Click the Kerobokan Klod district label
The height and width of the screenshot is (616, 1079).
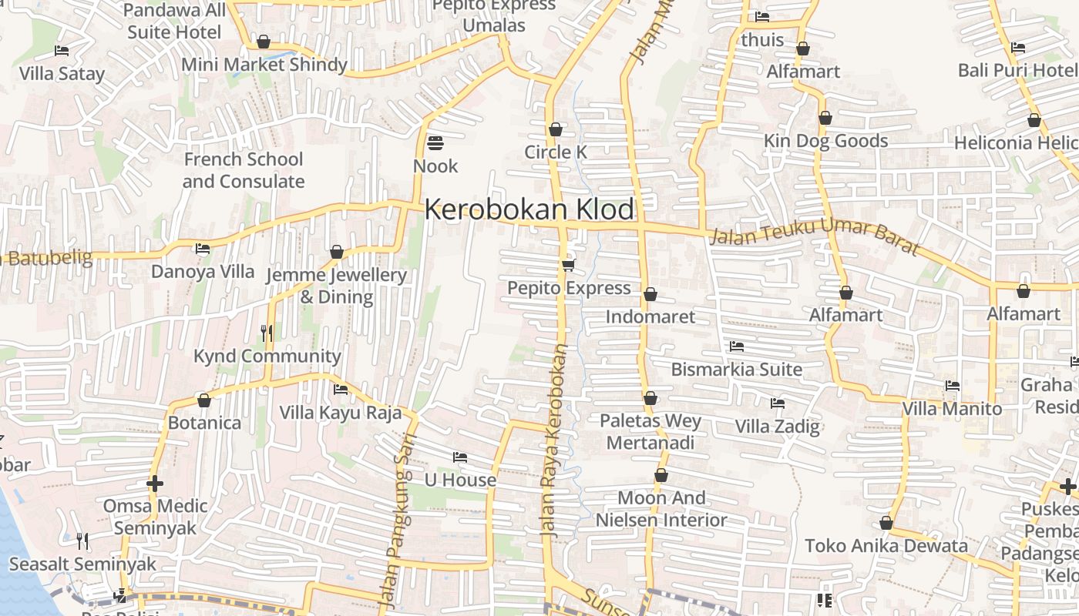[x=529, y=209]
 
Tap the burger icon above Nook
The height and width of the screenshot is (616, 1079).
[x=435, y=143]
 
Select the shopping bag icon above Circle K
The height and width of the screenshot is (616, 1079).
[x=555, y=129]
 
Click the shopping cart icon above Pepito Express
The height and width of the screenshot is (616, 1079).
[x=568, y=265]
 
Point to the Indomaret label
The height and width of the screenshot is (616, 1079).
[x=650, y=316]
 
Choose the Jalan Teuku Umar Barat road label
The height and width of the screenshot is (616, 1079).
[x=814, y=236]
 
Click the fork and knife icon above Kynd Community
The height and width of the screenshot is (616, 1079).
[x=267, y=333]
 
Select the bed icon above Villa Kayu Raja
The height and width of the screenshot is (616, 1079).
[x=341, y=390]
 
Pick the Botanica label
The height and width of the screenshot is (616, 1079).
[x=204, y=423]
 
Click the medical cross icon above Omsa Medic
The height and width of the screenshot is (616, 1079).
[x=155, y=484]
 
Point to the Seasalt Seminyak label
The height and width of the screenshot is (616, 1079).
[x=82, y=564]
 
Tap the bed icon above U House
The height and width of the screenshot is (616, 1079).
[x=460, y=457]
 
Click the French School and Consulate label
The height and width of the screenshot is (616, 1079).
[x=244, y=170]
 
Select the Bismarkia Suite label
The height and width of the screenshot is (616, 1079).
[x=736, y=369]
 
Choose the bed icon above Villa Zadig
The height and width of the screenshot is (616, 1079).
[x=777, y=403]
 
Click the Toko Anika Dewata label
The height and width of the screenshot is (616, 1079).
[x=886, y=546]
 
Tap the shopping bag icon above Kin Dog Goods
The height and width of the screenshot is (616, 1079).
[x=825, y=119]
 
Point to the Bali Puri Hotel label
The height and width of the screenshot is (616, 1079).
[x=1017, y=70]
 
